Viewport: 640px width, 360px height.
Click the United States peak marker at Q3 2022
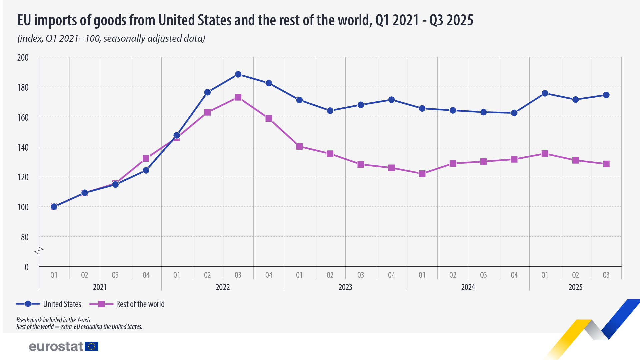coord(238,74)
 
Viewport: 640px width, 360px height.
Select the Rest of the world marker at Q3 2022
coord(238,97)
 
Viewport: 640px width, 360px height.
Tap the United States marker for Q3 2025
coord(606,95)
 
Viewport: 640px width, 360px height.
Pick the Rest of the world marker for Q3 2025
coord(606,164)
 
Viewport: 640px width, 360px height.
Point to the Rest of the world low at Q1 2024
coord(422,174)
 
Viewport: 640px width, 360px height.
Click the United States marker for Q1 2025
coord(545,93)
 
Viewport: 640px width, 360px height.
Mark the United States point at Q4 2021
coord(146,170)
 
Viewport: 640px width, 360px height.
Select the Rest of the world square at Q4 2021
coord(146,158)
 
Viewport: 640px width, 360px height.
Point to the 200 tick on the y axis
coord(23,58)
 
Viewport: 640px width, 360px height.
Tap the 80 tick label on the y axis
coord(25,237)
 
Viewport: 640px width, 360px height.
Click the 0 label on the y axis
coord(27,267)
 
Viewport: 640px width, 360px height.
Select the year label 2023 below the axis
coord(345,287)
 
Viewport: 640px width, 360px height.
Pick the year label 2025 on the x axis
coord(575,287)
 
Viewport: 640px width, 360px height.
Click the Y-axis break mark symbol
coord(39,251)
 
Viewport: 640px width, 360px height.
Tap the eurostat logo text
coord(56,347)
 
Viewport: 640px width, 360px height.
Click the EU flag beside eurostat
coord(92,346)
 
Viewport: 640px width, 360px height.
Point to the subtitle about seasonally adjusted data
coord(111,39)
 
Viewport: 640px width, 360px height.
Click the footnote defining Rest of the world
coord(79,327)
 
